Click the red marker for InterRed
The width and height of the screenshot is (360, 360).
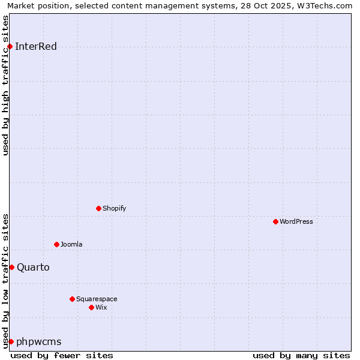(10, 47)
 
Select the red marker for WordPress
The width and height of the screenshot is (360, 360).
(275, 222)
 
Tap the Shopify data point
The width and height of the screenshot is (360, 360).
(98, 209)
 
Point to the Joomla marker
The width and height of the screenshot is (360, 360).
(56, 245)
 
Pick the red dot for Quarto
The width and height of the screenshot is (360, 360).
(11, 268)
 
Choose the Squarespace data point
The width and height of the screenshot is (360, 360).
(72, 299)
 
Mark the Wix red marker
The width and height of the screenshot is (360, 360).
(91, 308)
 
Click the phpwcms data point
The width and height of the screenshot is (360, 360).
(11, 342)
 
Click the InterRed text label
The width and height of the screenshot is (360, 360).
(36, 47)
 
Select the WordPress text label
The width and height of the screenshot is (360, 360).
(296, 222)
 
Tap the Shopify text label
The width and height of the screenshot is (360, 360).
(115, 209)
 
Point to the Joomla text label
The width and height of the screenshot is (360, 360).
(71, 245)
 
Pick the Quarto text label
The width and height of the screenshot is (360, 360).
(33, 268)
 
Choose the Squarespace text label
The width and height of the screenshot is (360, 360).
(97, 299)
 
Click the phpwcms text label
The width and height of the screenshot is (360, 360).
(39, 342)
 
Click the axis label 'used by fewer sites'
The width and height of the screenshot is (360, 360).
(62, 355)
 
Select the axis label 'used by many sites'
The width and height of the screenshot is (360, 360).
(301, 355)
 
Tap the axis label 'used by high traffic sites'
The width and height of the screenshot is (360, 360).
(6, 85)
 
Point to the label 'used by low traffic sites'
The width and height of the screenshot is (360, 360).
(6, 281)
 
